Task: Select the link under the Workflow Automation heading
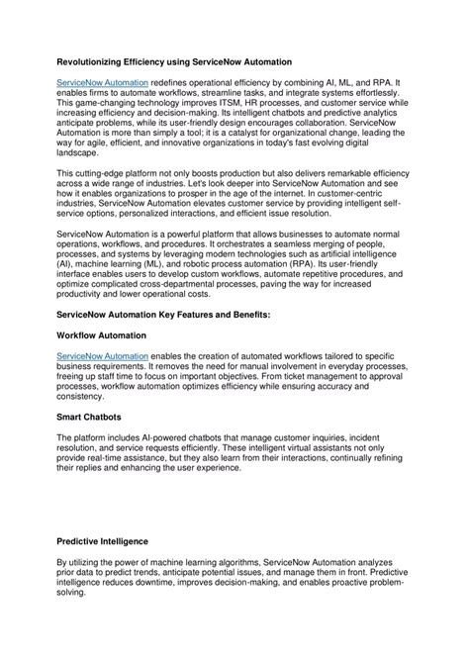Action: tap(103, 354)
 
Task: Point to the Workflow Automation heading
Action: tap(103, 336)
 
